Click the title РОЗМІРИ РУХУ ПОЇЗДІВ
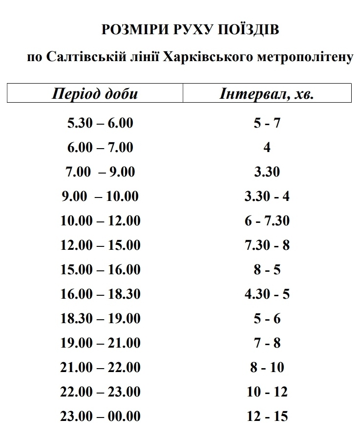(x=191, y=30)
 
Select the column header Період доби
(x=95, y=93)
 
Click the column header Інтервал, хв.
(x=267, y=93)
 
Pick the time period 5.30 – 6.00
(x=100, y=123)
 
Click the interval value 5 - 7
(x=267, y=123)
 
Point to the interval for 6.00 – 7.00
(x=267, y=147)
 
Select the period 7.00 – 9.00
(x=100, y=172)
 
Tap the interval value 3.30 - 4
(x=267, y=196)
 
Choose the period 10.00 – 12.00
(x=100, y=220)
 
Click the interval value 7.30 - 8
(x=267, y=245)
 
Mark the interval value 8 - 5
(x=267, y=269)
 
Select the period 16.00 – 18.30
(x=100, y=294)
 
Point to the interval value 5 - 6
(x=267, y=318)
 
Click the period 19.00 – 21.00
(x=100, y=343)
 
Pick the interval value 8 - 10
(x=267, y=367)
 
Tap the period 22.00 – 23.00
(x=100, y=392)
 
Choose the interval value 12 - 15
(x=267, y=417)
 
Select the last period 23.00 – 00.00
(x=100, y=417)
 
